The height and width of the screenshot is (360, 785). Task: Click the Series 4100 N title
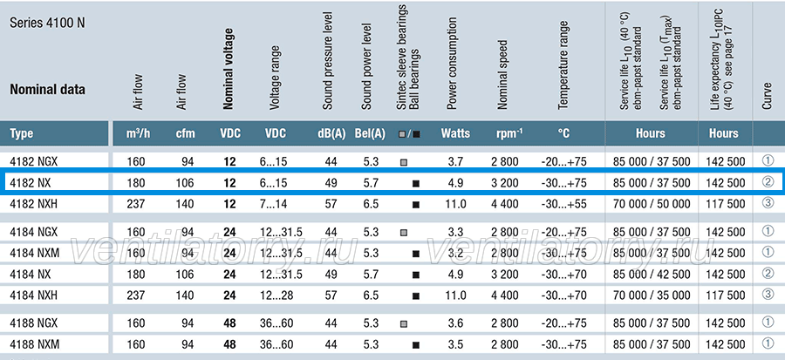[x=47, y=24]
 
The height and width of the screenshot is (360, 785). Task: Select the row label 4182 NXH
[x=33, y=204]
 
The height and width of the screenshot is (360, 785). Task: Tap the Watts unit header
[x=455, y=133]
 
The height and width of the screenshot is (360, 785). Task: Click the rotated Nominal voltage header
[x=228, y=69]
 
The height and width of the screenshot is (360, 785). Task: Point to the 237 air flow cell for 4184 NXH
[x=136, y=295]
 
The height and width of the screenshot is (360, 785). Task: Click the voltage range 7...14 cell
[x=273, y=204]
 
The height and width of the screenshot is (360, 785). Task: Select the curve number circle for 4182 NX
[x=768, y=182]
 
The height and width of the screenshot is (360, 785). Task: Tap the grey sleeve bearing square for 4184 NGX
[x=404, y=233]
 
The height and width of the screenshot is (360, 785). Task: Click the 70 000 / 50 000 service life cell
[x=652, y=204]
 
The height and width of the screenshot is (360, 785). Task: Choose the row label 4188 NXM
[x=35, y=344]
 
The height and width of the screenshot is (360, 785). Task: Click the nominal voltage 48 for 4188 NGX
[x=229, y=323]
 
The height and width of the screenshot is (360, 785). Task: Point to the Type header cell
[x=22, y=133]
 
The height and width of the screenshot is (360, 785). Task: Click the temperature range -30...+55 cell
[x=563, y=204]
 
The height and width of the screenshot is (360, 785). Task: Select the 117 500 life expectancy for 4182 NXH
[x=726, y=204]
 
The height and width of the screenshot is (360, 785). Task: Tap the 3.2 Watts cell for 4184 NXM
[x=455, y=254]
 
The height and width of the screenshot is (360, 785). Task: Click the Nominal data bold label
[x=48, y=90]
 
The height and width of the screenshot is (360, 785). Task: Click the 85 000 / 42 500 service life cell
[x=652, y=275]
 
